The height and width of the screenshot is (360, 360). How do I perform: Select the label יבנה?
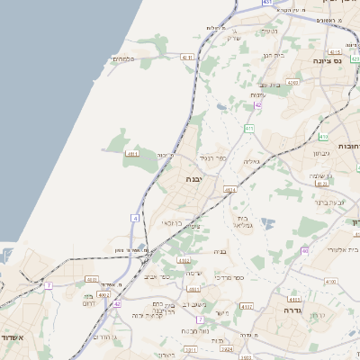[x=194, y=179]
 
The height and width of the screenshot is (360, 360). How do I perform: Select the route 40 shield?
[x=304, y=250]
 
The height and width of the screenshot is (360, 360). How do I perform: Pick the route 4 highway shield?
[x=135, y=218]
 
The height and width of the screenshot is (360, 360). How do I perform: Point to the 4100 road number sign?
[x=330, y=282]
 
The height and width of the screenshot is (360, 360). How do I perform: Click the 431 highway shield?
[x=267, y=3]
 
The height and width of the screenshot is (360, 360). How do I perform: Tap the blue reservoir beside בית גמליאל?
[x=264, y=221]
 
